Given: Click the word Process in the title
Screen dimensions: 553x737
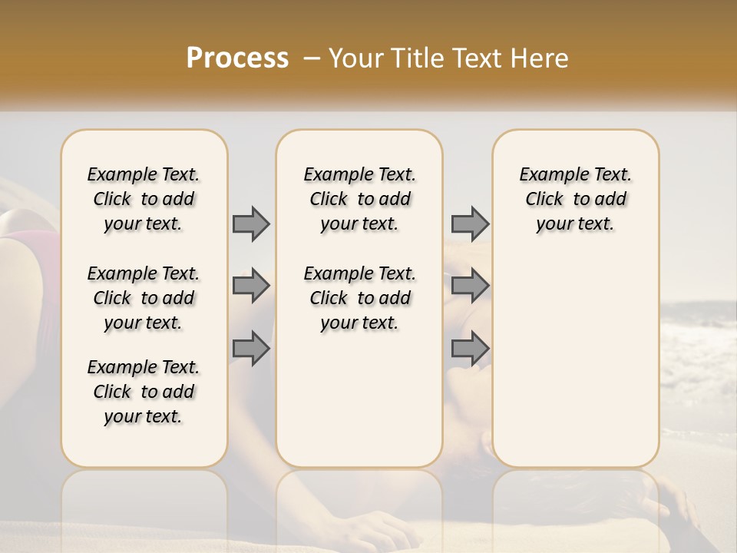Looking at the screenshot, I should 237,58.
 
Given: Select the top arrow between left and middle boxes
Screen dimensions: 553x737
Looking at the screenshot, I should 251,224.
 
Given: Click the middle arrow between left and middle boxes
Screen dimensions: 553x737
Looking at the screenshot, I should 251,286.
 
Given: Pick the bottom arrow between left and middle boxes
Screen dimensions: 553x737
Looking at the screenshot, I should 251,348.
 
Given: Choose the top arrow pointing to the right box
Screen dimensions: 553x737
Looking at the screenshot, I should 470,224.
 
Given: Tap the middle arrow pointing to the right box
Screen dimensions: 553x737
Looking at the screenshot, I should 470,286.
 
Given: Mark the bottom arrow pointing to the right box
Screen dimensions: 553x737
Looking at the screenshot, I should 470,348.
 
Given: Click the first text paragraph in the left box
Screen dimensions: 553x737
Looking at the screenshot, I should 144,199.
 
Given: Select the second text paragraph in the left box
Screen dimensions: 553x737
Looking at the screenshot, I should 144,298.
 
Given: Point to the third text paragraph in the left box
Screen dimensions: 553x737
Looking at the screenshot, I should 144,392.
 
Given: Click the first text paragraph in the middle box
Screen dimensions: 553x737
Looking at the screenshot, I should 359,199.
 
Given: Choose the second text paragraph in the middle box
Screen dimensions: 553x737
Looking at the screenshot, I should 359,298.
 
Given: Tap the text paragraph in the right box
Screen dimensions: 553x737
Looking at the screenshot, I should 575,199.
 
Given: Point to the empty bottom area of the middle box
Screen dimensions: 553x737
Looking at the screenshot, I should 359,407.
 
